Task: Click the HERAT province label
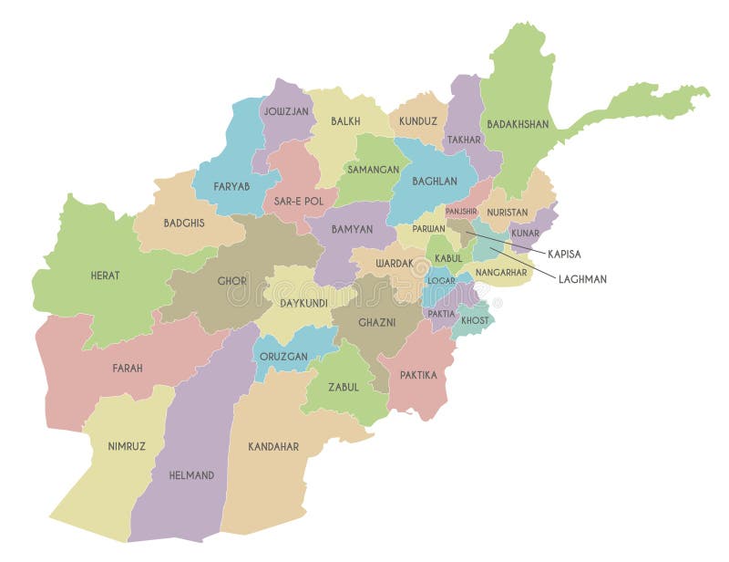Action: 105,275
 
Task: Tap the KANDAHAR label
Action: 273,447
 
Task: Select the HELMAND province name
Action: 191,475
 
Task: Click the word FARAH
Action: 128,369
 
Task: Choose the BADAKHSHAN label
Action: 518,124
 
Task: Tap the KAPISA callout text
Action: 565,254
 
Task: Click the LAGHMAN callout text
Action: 582,279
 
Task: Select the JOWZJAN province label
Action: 287,111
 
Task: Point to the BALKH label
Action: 345,120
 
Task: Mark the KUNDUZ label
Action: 418,120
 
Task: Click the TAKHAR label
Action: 464,140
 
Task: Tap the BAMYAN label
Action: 351,229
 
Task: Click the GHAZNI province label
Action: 376,323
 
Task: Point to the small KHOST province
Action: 475,320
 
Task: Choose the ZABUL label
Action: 344,387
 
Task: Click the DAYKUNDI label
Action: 303,302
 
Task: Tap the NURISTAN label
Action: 508,212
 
